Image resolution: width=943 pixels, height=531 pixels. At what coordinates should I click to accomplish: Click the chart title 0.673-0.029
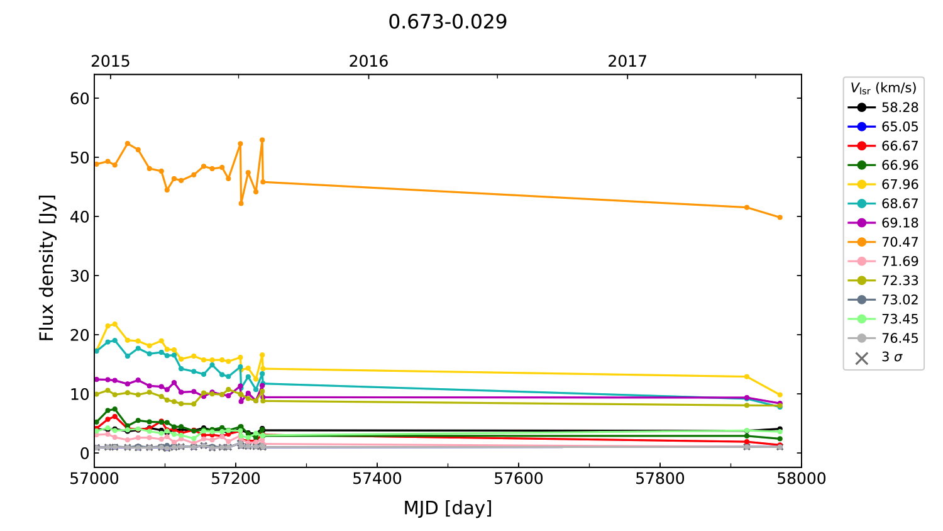[x=448, y=22]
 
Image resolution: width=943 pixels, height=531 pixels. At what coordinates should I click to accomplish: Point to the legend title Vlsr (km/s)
[x=883, y=88]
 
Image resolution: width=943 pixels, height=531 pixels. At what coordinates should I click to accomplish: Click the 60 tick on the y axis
[x=80, y=99]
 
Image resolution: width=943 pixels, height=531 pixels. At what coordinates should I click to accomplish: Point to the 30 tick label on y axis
[x=80, y=276]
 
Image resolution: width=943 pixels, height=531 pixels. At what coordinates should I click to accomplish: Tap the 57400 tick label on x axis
[x=377, y=479]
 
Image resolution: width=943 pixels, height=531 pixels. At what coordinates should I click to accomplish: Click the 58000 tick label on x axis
[x=801, y=479]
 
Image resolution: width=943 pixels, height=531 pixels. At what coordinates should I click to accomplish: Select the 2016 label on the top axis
[x=368, y=61]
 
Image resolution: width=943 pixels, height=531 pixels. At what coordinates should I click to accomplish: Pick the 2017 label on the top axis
[x=627, y=61]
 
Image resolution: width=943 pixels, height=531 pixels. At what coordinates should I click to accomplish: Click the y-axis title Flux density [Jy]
[x=47, y=268]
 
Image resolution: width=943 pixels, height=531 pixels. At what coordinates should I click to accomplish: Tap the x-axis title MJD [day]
[x=448, y=508]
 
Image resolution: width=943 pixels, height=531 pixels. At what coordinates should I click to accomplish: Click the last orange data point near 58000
[x=780, y=218]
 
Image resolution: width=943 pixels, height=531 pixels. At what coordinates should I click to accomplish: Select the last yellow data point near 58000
[x=780, y=395]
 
